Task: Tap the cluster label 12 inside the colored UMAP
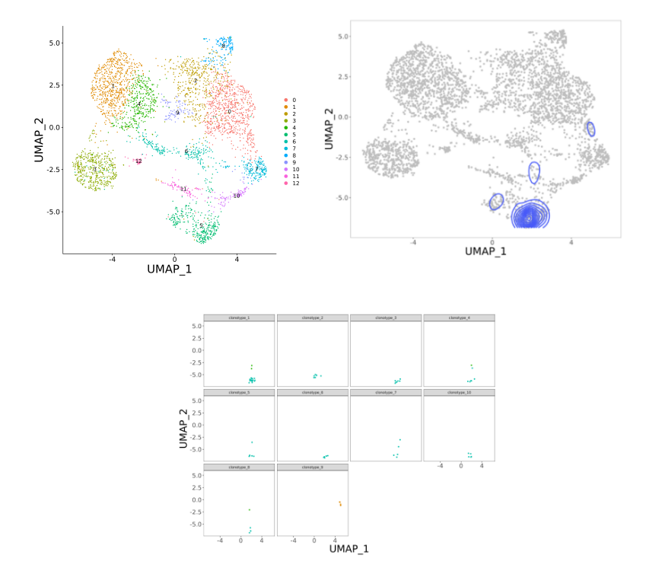point(138,161)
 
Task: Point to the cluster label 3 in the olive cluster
point(94,169)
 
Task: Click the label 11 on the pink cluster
point(183,189)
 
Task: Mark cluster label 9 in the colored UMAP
point(177,113)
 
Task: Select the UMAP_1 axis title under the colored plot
point(169,268)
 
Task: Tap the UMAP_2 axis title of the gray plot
point(329,128)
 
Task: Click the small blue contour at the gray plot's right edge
point(590,129)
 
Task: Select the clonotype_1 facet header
point(240,317)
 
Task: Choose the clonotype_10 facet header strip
point(460,392)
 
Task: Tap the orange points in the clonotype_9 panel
point(340,503)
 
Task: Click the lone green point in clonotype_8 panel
point(249,510)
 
